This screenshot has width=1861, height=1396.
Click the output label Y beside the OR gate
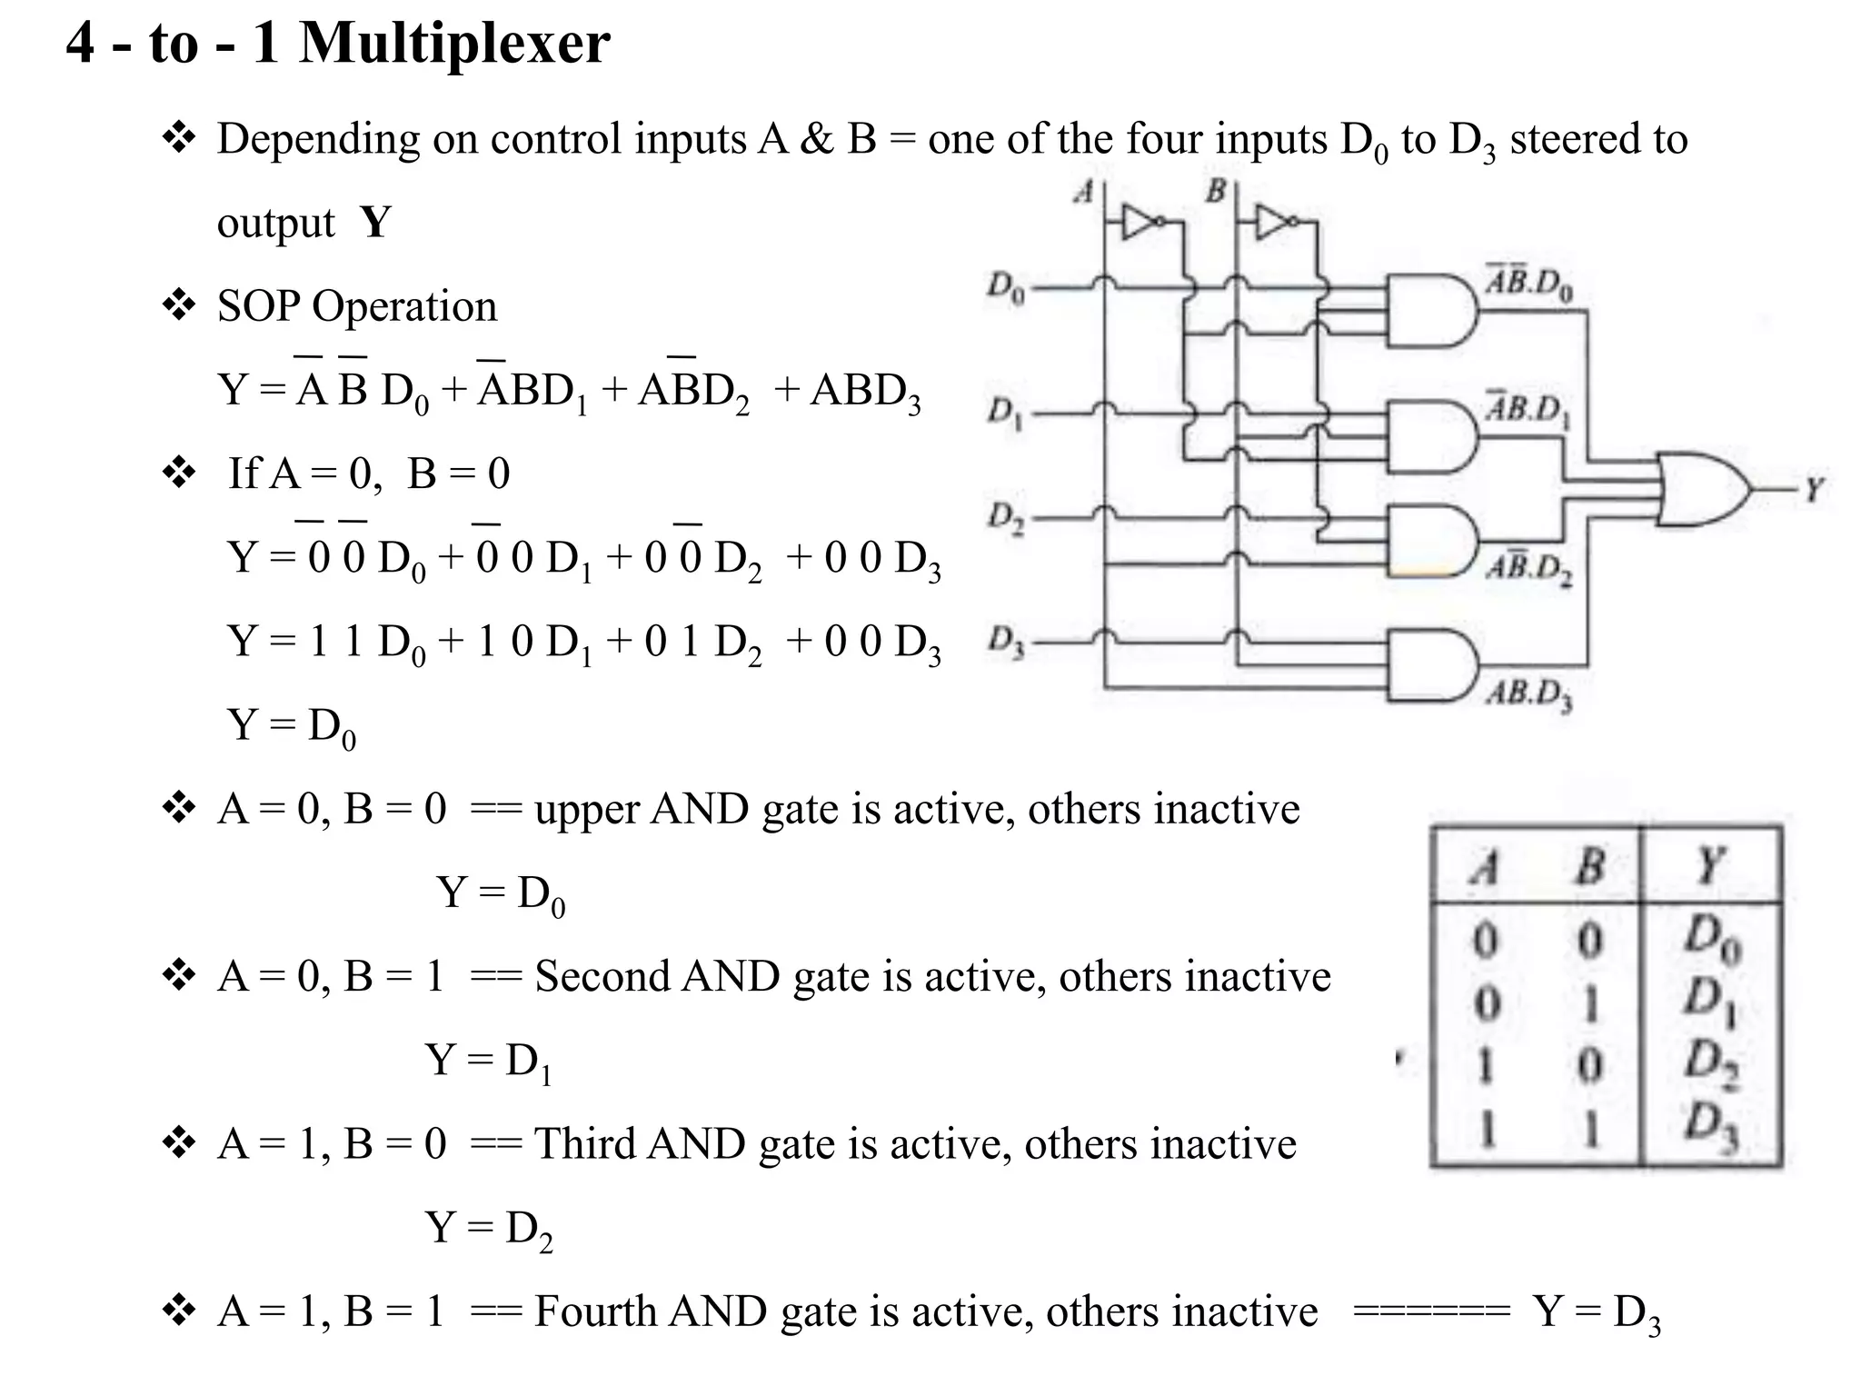coord(1814,490)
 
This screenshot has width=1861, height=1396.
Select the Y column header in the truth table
coord(1710,864)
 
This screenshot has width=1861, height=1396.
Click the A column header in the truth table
coord(1485,866)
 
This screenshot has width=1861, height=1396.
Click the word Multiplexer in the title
coord(454,44)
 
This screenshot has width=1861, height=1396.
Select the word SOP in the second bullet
coord(260,306)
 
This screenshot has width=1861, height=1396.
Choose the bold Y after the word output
coord(375,223)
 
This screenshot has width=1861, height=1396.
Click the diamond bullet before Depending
coord(178,138)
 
